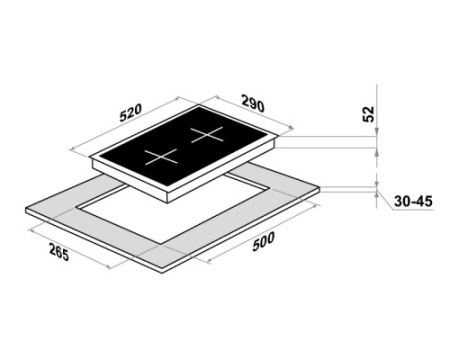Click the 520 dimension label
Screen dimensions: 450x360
[131, 112]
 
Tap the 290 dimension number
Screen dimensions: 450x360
[253, 104]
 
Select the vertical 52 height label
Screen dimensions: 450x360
[369, 114]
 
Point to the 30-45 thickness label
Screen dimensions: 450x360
[413, 201]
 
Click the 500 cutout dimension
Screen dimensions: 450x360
[263, 241]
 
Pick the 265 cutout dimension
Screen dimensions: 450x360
[59, 252]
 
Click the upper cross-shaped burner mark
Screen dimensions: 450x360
[207, 135]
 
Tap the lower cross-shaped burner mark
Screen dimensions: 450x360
[161, 157]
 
